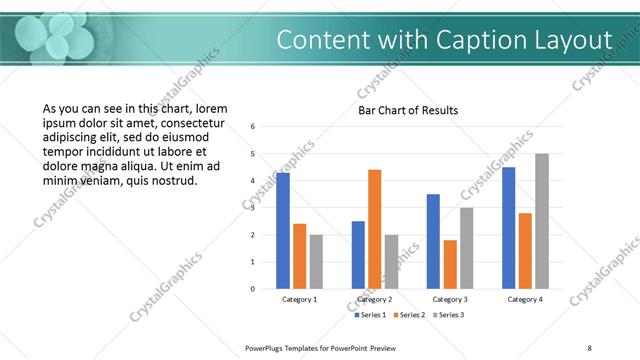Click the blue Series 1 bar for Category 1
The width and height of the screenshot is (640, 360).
point(283,231)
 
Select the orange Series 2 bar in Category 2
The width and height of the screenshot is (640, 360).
point(375,229)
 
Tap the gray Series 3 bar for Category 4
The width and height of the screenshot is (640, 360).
point(542,221)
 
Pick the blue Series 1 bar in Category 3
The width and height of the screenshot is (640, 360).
point(433,241)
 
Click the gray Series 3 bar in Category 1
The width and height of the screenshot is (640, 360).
point(316,262)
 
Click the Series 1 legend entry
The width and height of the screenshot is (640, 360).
point(372,315)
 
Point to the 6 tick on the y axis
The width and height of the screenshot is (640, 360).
point(253,127)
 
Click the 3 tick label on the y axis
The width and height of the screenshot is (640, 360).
point(253,208)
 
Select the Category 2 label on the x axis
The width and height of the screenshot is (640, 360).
point(375,299)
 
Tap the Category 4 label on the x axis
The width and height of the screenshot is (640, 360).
point(525,299)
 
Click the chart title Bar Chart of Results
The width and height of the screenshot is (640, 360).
point(408,110)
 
